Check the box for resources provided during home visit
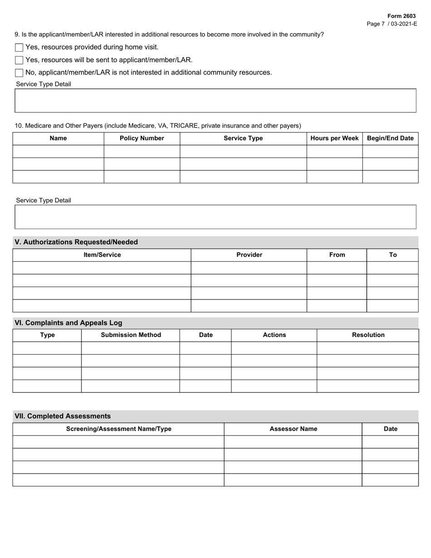coord(19,47)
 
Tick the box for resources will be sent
coord(19,60)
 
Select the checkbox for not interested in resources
coord(19,73)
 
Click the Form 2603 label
coord(401,16)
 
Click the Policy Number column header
coord(142,138)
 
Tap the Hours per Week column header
coord(334,138)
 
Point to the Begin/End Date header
coord(390,138)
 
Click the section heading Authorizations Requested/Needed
coord(76,242)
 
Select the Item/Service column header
coord(102,255)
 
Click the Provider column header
coord(249,255)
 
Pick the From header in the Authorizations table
coord(337,255)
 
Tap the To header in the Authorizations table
coord(392,255)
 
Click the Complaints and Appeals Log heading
coord(69,323)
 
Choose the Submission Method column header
coord(131,335)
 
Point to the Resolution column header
coord(368,335)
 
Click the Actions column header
coord(274,335)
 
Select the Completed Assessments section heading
coord(63,416)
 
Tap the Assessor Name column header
coord(293,429)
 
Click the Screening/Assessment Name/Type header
coord(118,429)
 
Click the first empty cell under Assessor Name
coord(293,442)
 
